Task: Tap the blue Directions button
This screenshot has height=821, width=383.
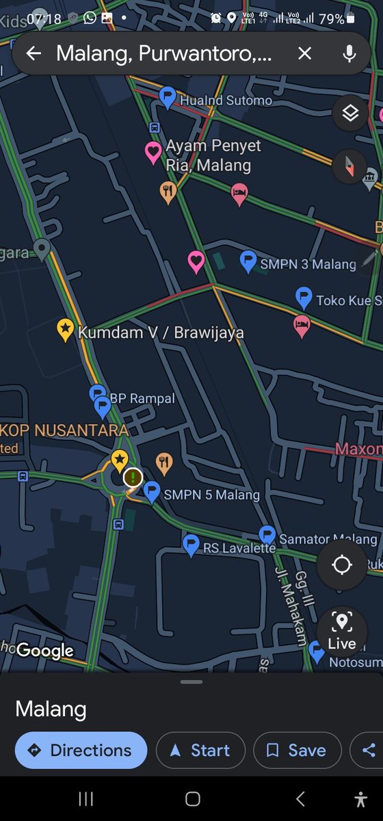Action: pyautogui.click(x=81, y=751)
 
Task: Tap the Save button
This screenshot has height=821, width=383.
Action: pyautogui.click(x=297, y=751)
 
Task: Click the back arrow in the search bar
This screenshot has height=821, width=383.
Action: pyautogui.click(x=34, y=53)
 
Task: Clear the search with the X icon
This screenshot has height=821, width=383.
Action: pyautogui.click(x=304, y=53)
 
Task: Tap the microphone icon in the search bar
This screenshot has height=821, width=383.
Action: pyautogui.click(x=349, y=53)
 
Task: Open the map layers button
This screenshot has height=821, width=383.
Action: pyautogui.click(x=350, y=114)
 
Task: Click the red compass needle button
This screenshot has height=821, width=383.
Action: pyautogui.click(x=350, y=165)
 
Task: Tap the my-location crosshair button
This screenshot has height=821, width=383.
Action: pyautogui.click(x=341, y=565)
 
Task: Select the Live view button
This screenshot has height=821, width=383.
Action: pyautogui.click(x=341, y=631)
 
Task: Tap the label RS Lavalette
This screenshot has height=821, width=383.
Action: pyautogui.click(x=239, y=548)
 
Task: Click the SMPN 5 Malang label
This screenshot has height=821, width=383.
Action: pyautogui.click(x=212, y=495)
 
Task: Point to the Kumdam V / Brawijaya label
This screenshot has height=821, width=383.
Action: pyautogui.click(x=161, y=333)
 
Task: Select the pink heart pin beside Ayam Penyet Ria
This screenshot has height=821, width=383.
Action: pyautogui.click(x=153, y=153)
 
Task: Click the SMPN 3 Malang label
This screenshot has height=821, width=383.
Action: pyautogui.click(x=308, y=264)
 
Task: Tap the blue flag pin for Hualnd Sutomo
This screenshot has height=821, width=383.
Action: pyautogui.click(x=167, y=97)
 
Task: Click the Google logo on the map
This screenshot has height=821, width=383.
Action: pyautogui.click(x=45, y=651)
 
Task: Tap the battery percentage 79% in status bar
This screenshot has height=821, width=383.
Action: pyautogui.click(x=331, y=19)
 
